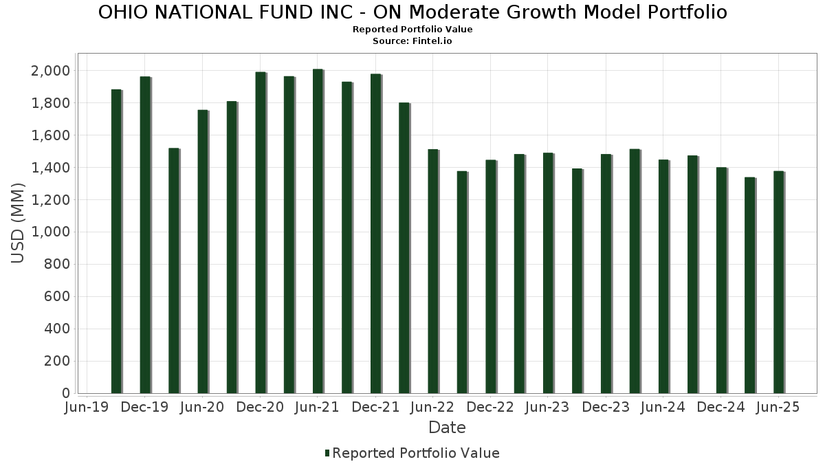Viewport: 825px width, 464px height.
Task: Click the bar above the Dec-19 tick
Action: point(145,234)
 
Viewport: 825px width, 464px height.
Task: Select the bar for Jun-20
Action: point(203,252)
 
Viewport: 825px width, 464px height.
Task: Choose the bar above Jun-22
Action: point(433,271)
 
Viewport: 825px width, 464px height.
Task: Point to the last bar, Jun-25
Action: point(778,282)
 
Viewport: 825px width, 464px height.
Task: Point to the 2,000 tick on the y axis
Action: point(50,71)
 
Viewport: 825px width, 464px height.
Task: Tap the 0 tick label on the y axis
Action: point(66,393)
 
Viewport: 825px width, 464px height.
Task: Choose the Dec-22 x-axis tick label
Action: point(491,408)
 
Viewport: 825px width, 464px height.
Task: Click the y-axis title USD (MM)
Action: point(19,223)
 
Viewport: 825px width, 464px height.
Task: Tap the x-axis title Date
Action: point(447,428)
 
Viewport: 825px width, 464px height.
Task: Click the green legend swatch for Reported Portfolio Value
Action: point(327,453)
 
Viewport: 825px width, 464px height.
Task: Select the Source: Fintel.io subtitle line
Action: point(412,41)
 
